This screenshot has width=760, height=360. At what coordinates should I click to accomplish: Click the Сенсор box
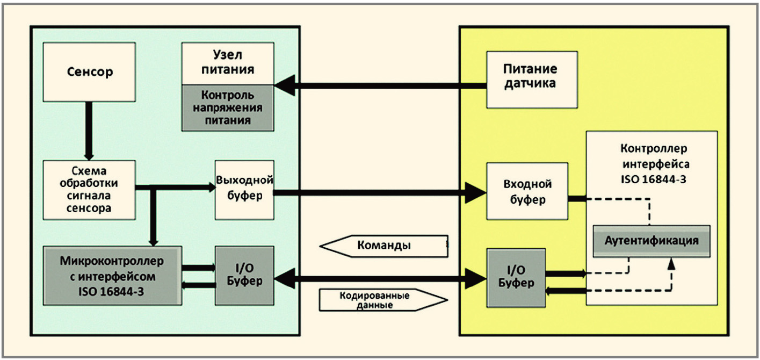pyautogui.click(x=89, y=72)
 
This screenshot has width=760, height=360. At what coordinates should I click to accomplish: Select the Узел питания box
pyautogui.click(x=228, y=63)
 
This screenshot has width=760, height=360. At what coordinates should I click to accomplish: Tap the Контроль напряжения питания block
pyautogui.click(x=228, y=108)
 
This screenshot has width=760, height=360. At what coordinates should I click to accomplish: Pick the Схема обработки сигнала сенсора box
pyautogui.click(x=89, y=190)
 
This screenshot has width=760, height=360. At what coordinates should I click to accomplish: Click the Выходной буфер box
pyautogui.click(x=244, y=190)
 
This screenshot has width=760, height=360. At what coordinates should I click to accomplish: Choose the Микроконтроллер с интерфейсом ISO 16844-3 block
pyautogui.click(x=112, y=276)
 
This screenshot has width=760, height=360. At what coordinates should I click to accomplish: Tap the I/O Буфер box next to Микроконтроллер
pyautogui.click(x=244, y=276)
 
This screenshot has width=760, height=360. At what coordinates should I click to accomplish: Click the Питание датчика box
pyautogui.click(x=532, y=80)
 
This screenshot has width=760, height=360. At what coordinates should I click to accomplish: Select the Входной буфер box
pyautogui.click(x=527, y=191)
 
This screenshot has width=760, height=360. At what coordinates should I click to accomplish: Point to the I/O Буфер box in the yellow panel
pyautogui.click(x=516, y=278)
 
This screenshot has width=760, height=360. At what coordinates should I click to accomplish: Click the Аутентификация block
pyautogui.click(x=652, y=241)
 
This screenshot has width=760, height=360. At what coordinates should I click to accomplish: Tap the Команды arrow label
pyautogui.click(x=383, y=246)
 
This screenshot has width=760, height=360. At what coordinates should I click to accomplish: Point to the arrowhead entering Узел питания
pyautogui.click(x=285, y=85)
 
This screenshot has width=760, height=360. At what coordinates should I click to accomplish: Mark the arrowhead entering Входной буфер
pyautogui.click(x=475, y=193)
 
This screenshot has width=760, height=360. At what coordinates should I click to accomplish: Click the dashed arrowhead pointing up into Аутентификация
pyautogui.click(x=671, y=264)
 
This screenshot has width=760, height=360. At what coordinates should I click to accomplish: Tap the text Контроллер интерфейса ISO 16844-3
pyautogui.click(x=654, y=164)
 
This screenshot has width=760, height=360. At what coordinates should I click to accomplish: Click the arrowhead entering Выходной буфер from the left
pyautogui.click(x=212, y=188)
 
